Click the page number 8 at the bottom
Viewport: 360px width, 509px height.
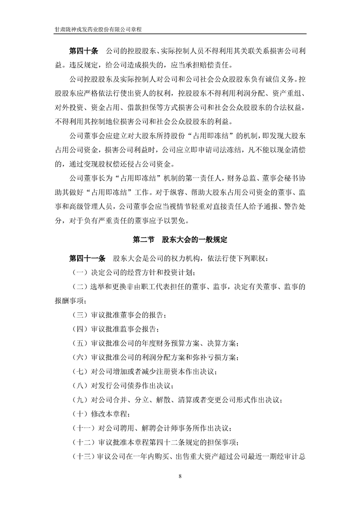tap(180, 476)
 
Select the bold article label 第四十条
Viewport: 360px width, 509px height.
tap(81, 51)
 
